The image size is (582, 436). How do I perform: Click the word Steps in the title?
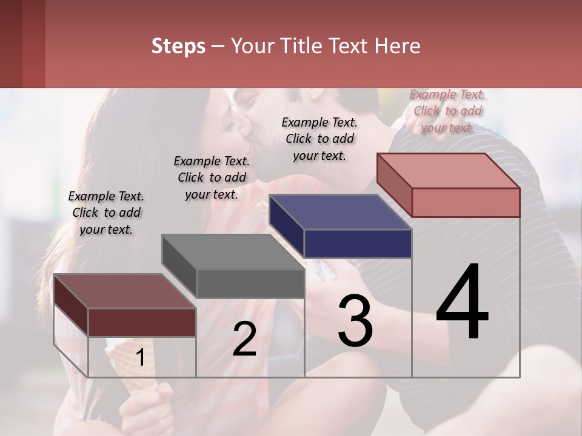click(x=178, y=46)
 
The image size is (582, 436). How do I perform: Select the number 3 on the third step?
click(x=355, y=322)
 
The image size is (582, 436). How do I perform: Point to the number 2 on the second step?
click(x=244, y=339)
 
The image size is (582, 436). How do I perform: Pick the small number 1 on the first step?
click(x=140, y=358)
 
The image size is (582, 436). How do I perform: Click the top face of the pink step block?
click(x=447, y=170)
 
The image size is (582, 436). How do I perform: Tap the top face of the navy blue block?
click(x=339, y=212)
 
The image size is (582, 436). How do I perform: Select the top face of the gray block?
click(x=232, y=252)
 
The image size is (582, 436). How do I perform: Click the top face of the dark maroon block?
click(x=124, y=291)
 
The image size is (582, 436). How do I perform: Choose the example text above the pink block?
click(x=447, y=111)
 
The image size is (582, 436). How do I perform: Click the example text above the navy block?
click(x=319, y=139)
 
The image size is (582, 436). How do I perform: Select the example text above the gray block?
click(x=212, y=177)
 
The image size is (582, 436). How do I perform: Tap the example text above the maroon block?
click(x=106, y=213)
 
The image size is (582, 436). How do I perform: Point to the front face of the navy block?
click(x=358, y=244)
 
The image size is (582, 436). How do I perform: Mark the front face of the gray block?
click(x=250, y=283)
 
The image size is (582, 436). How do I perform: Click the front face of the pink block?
click(x=466, y=202)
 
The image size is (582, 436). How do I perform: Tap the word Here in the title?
click(x=397, y=46)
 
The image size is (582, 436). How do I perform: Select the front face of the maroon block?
click(x=142, y=322)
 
